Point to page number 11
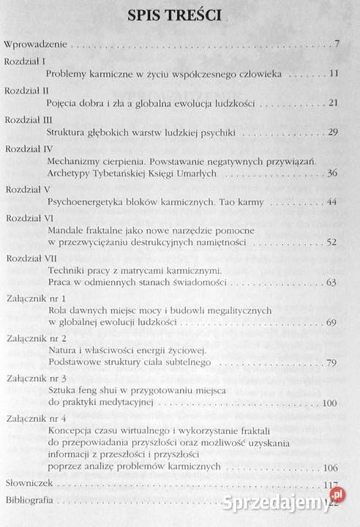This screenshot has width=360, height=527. (x=334, y=74)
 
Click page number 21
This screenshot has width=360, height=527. (x=333, y=103)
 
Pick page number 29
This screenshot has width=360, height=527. (x=333, y=132)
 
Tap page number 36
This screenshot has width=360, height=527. (x=333, y=173)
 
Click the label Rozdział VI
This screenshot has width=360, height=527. (x=28, y=218)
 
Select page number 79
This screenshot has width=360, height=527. (x=333, y=362)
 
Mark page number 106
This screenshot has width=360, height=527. (x=331, y=468)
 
